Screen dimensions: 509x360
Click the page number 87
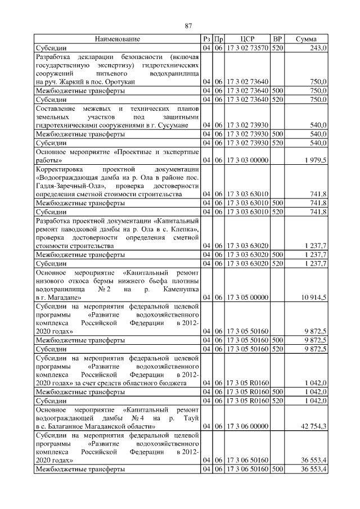pyautogui.click(x=189, y=25)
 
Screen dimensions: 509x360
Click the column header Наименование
pyautogui.click(x=117, y=39)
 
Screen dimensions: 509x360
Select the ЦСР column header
pyautogui.click(x=247, y=39)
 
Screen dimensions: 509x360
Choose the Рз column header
pyautogui.click(x=206, y=39)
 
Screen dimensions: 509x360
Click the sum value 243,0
pyautogui.click(x=318, y=48)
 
